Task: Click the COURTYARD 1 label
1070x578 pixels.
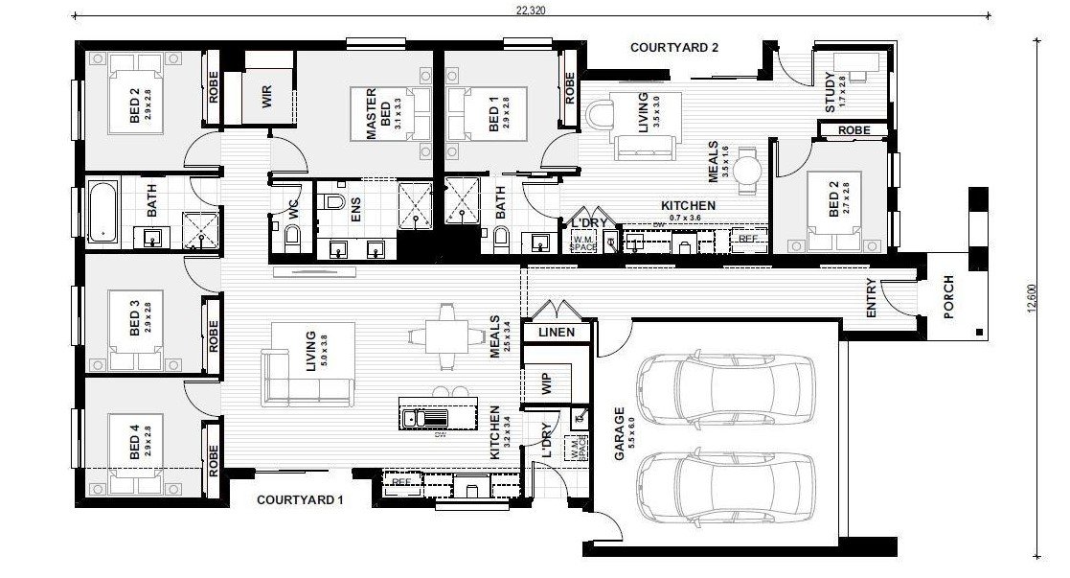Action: (x=300, y=499)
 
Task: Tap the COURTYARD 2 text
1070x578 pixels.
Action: (x=673, y=46)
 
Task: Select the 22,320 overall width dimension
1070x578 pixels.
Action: (x=531, y=11)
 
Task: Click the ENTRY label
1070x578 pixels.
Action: (x=871, y=299)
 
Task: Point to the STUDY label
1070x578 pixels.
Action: (x=831, y=94)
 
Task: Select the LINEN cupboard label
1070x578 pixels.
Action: (x=557, y=333)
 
